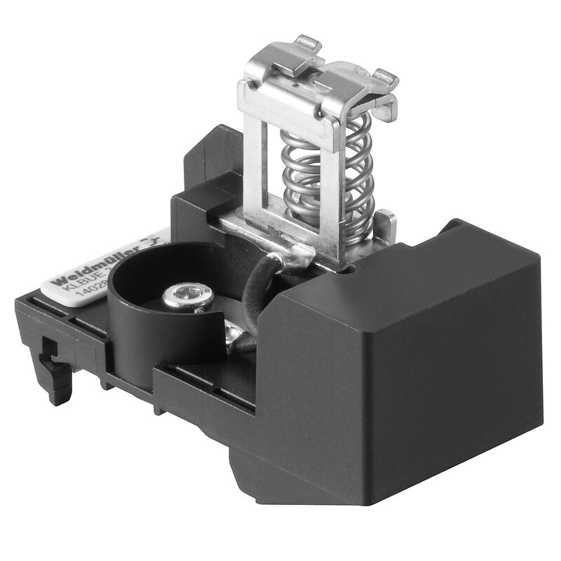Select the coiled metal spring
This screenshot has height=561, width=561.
[x=319, y=175]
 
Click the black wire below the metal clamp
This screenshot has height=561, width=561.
[x=252, y=295]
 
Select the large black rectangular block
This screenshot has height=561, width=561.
[x=421, y=351]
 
